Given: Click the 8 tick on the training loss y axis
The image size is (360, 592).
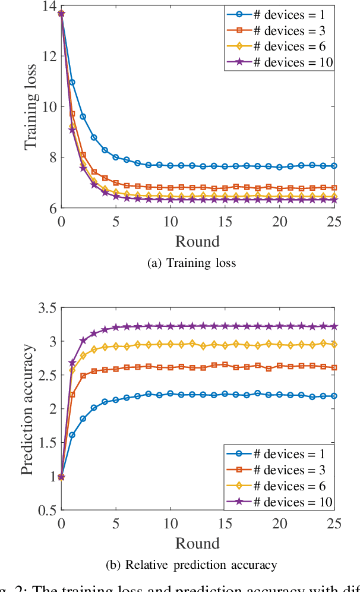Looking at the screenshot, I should pyautogui.click(x=52, y=158).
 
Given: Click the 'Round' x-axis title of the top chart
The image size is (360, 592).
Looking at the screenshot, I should pyautogui.click(x=197, y=241).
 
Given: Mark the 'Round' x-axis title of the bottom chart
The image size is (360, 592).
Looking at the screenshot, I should pyautogui.click(x=197, y=543).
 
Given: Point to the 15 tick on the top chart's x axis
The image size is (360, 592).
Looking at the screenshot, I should pyautogui.click(x=225, y=222).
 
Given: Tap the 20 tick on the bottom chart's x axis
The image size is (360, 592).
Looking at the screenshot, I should pyautogui.click(x=279, y=523).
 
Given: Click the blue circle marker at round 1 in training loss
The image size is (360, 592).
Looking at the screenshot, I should pyautogui.click(x=72, y=82).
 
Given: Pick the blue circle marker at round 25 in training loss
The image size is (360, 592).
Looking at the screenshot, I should pyautogui.click(x=334, y=166).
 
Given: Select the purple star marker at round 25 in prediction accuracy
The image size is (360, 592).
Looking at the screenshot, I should pyautogui.click(x=334, y=326).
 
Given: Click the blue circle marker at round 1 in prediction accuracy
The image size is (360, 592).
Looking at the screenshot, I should pyautogui.click(x=72, y=435).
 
